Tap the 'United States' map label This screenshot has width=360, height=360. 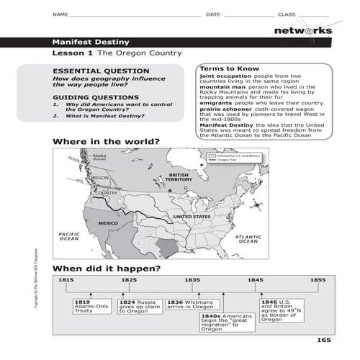[192, 217]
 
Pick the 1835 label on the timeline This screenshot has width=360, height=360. [192, 279]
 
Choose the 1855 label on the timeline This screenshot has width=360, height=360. [318, 279]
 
